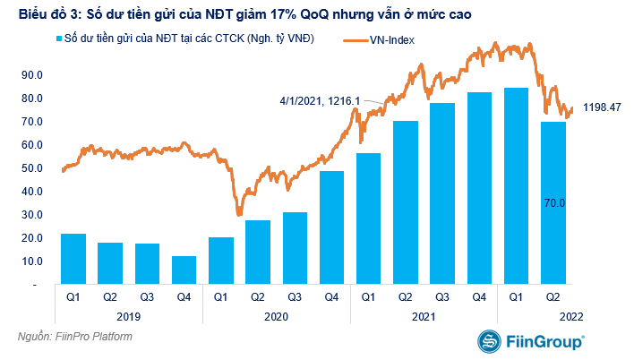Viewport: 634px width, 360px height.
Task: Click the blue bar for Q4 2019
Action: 184,270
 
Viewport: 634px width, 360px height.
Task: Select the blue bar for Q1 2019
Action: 73,259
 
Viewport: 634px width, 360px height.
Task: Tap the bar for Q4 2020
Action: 331,227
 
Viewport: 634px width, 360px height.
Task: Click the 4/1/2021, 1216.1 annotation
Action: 319,100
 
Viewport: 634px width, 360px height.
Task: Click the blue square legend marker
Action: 59,41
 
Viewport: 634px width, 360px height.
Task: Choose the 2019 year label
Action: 129,316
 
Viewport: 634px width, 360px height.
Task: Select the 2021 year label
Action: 424,316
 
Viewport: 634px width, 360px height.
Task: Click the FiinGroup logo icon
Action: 490,342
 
